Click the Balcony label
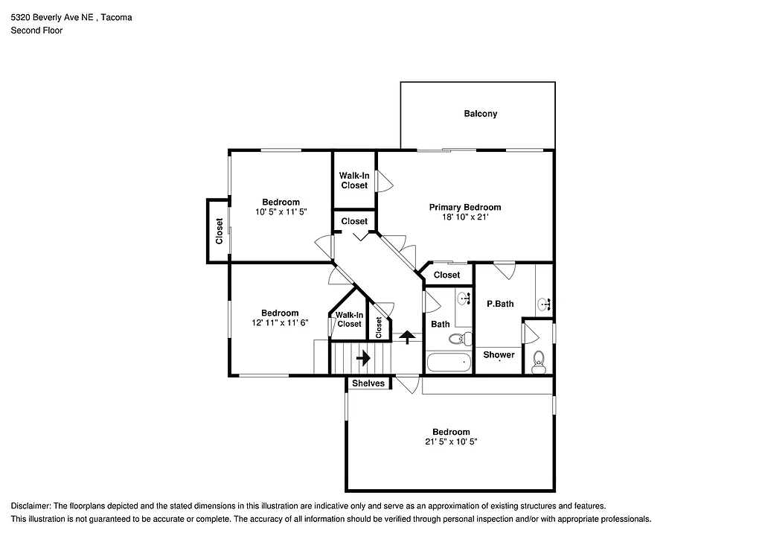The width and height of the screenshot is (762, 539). click(x=480, y=114)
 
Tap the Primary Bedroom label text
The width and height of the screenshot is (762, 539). click(x=465, y=207)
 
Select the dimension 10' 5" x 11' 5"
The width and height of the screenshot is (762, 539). click(x=281, y=211)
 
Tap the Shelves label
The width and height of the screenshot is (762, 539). click(x=368, y=383)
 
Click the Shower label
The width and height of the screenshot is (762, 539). click(x=499, y=354)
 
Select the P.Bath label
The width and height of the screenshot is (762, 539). click(x=500, y=304)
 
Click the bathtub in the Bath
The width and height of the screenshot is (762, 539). click(x=449, y=363)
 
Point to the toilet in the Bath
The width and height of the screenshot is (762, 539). click(x=457, y=339)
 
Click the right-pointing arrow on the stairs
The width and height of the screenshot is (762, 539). click(x=363, y=358)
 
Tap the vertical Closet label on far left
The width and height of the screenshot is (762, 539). click(x=219, y=231)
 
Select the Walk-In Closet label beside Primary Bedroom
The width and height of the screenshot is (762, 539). click(x=354, y=180)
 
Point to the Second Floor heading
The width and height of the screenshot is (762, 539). click(x=36, y=31)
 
